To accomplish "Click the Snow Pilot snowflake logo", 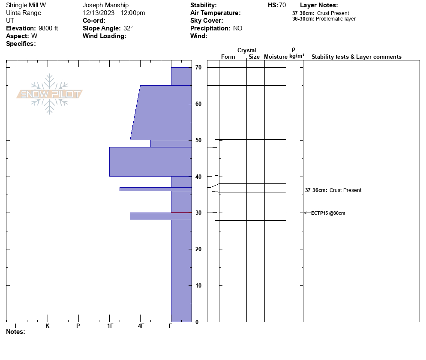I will pyautogui.click(x=50, y=94).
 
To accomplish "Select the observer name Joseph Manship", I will pyautogui.click(x=105, y=5).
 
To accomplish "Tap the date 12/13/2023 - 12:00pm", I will pyautogui.click(x=114, y=13).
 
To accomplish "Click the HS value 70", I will pyautogui.click(x=282, y=5).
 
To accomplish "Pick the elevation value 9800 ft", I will pyautogui.click(x=48, y=28).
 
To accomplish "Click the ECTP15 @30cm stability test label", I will pyautogui.click(x=328, y=213).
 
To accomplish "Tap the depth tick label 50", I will pyautogui.click(x=198, y=140).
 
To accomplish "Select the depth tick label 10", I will pyautogui.click(x=198, y=285).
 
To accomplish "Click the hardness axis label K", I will pyautogui.click(x=48, y=326).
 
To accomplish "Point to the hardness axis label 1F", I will pyautogui.click(x=110, y=326).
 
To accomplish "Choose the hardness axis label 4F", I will pyautogui.click(x=141, y=326).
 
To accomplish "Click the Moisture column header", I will pyautogui.click(x=276, y=57).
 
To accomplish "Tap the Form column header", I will pyautogui.click(x=228, y=57).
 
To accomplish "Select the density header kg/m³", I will pyautogui.click(x=297, y=56).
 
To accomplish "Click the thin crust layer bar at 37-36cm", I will pyautogui.click(x=155, y=189).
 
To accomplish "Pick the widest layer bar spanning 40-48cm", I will pyautogui.click(x=150, y=162).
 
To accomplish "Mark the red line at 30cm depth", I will pyautogui.click(x=181, y=212).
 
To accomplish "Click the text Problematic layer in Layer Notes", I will pyautogui.click(x=336, y=19).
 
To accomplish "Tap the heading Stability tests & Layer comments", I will pyautogui.click(x=356, y=57).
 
